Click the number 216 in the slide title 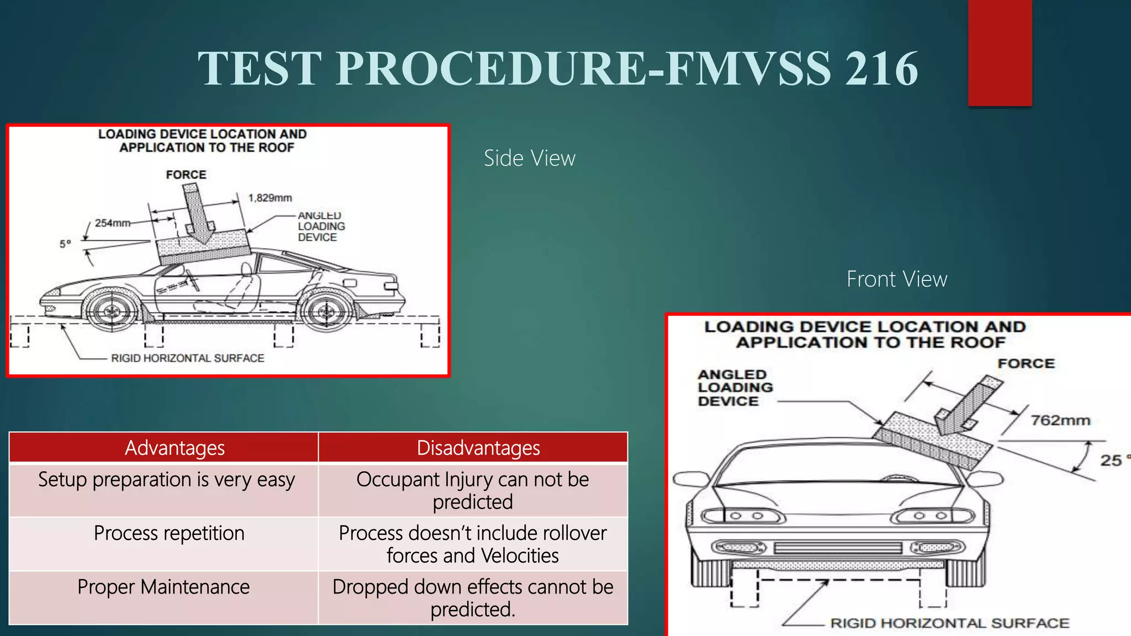coord(881,68)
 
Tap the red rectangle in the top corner coord(1000,52)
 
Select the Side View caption coord(529,158)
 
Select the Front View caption coord(896,279)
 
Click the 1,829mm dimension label coord(269,198)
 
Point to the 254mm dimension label coord(112,223)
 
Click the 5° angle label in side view coord(65,243)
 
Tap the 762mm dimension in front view coord(1060,421)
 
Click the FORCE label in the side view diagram coord(186,174)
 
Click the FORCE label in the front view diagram coord(1026,363)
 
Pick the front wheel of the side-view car coord(112,311)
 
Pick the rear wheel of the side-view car coord(326,311)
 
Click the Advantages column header coord(175,448)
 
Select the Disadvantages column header coord(478,448)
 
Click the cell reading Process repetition coord(169,533)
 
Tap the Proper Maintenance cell coord(163,587)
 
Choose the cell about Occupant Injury coord(473,490)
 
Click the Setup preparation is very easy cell coord(166,480)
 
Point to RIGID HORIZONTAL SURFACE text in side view coord(188,358)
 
